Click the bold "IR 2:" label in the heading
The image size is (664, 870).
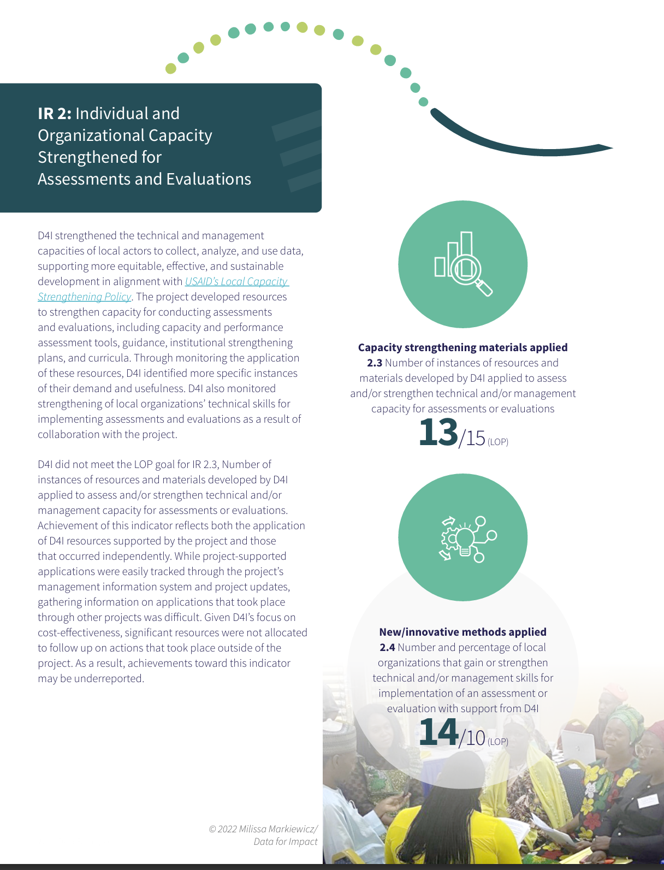point(55,114)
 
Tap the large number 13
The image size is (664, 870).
point(438,433)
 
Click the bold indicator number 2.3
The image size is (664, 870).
point(375,363)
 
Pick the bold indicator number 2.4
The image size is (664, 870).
point(387,648)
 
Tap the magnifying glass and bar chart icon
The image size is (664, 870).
point(463,264)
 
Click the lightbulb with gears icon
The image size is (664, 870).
point(463,538)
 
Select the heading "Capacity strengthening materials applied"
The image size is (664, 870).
point(463,348)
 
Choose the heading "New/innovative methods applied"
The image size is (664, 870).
point(463,632)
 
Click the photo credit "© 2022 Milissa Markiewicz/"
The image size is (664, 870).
point(263,829)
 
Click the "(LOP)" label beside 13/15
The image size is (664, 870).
point(498,442)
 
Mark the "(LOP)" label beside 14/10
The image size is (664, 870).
point(498,742)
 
